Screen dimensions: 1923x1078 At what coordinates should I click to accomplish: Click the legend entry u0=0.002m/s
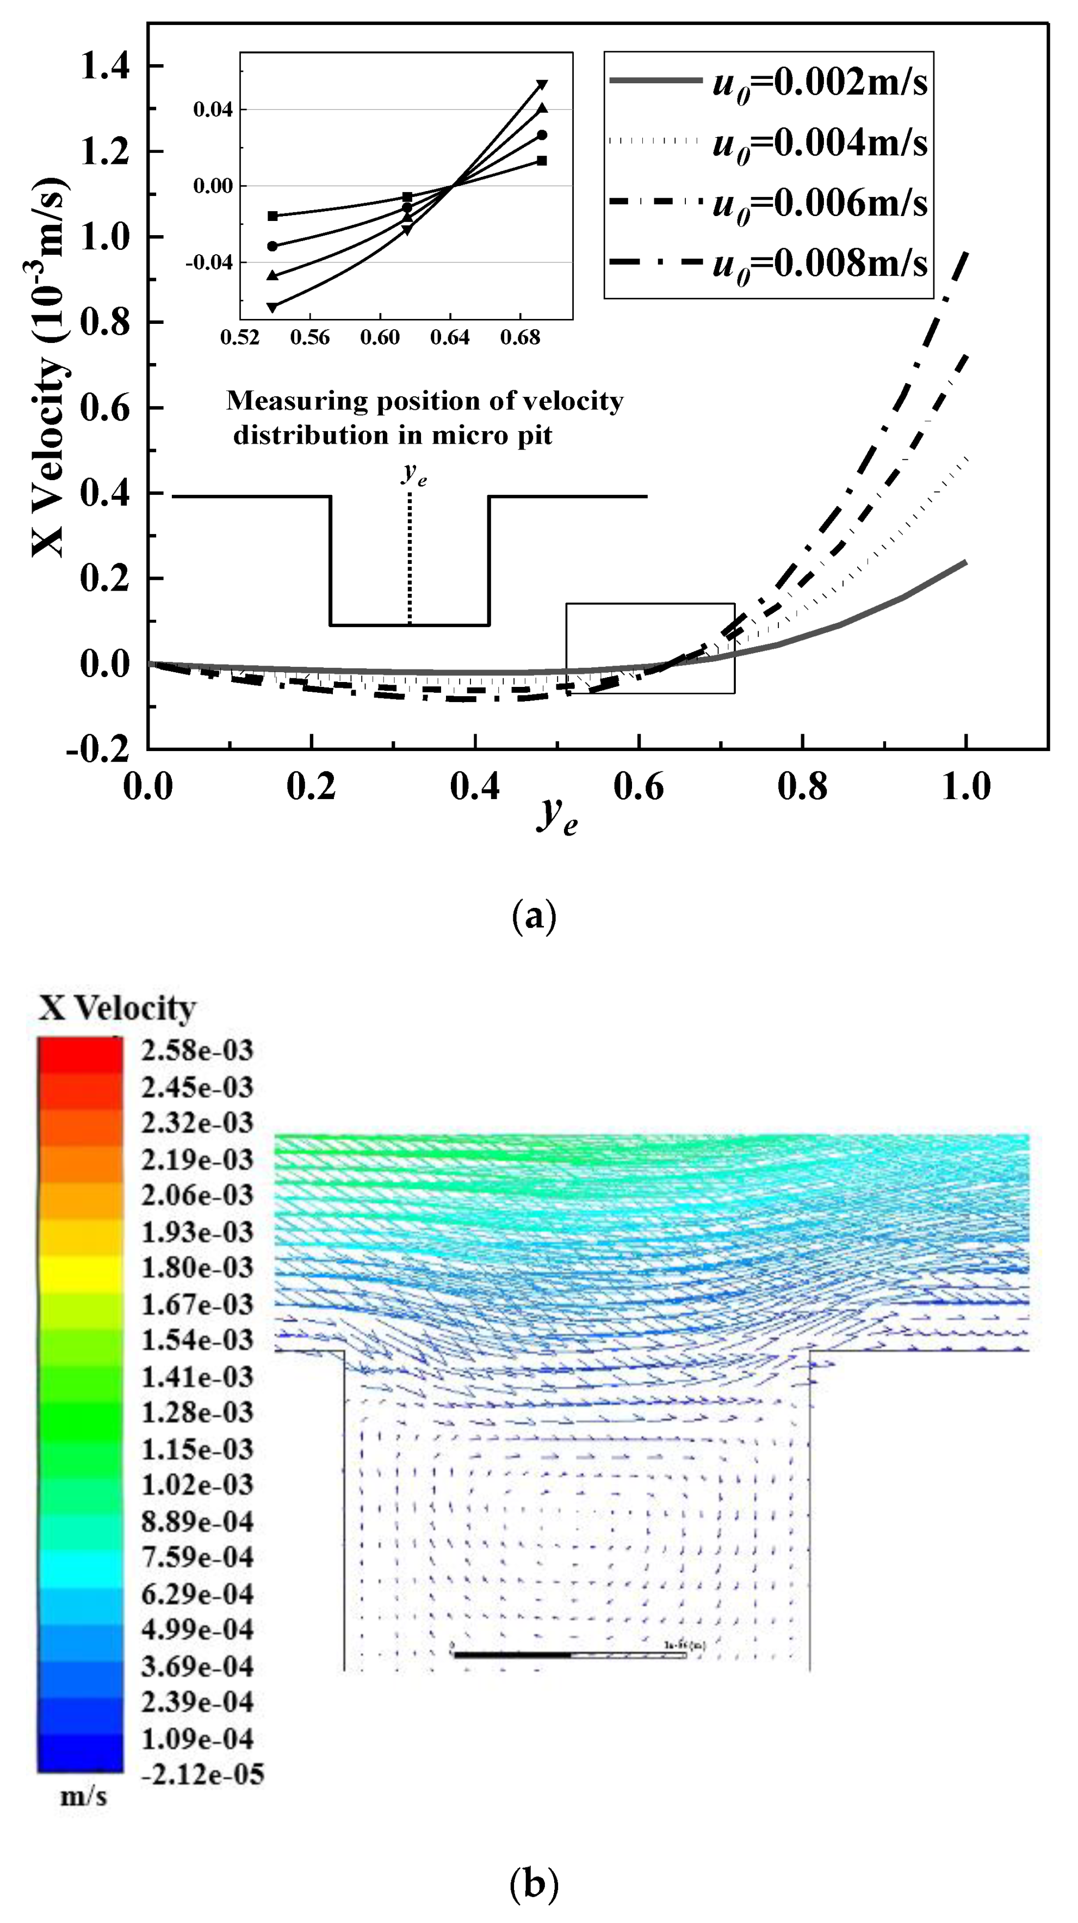pyautogui.click(x=819, y=82)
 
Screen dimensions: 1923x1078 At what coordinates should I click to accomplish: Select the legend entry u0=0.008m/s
pyautogui.click(x=819, y=263)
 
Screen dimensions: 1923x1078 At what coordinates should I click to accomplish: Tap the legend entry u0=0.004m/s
pyautogui.click(x=819, y=143)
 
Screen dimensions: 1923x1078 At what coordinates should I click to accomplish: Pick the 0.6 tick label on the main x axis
pyautogui.click(x=639, y=788)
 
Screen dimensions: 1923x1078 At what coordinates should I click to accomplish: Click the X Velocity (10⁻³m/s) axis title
pyautogui.click(x=49, y=366)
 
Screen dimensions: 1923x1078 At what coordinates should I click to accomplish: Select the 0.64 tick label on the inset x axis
pyautogui.click(x=450, y=338)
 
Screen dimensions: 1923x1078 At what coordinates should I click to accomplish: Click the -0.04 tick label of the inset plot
pyautogui.click(x=209, y=263)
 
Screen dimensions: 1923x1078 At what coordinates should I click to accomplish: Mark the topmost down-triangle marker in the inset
pyautogui.click(x=542, y=84)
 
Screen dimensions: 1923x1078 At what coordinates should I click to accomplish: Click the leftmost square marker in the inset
pyautogui.click(x=272, y=217)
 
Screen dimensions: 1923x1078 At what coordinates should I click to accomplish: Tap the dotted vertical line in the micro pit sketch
pyautogui.click(x=410, y=560)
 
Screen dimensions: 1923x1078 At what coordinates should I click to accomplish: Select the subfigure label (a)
pyautogui.click(x=534, y=916)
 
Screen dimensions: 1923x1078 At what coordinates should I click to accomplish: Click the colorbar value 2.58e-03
pyautogui.click(x=197, y=1050)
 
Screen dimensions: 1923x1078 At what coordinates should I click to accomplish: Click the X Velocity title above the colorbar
pyautogui.click(x=117, y=1008)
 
